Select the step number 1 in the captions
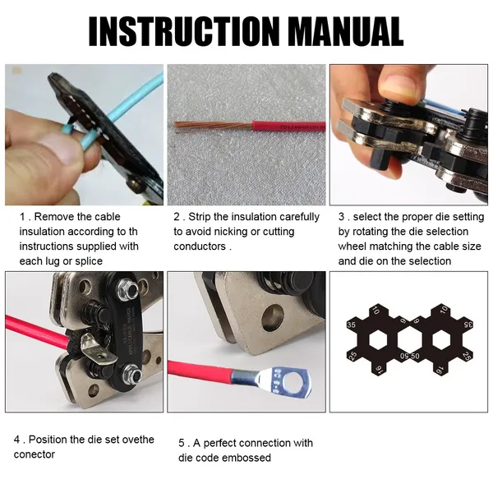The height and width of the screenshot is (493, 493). (x=23, y=217)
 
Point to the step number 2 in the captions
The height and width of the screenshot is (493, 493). (x=177, y=217)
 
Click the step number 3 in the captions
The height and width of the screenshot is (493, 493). (x=342, y=217)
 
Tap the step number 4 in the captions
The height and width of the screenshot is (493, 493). (x=17, y=440)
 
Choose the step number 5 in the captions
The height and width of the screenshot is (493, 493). (x=182, y=443)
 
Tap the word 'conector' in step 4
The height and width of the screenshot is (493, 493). (x=35, y=454)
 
